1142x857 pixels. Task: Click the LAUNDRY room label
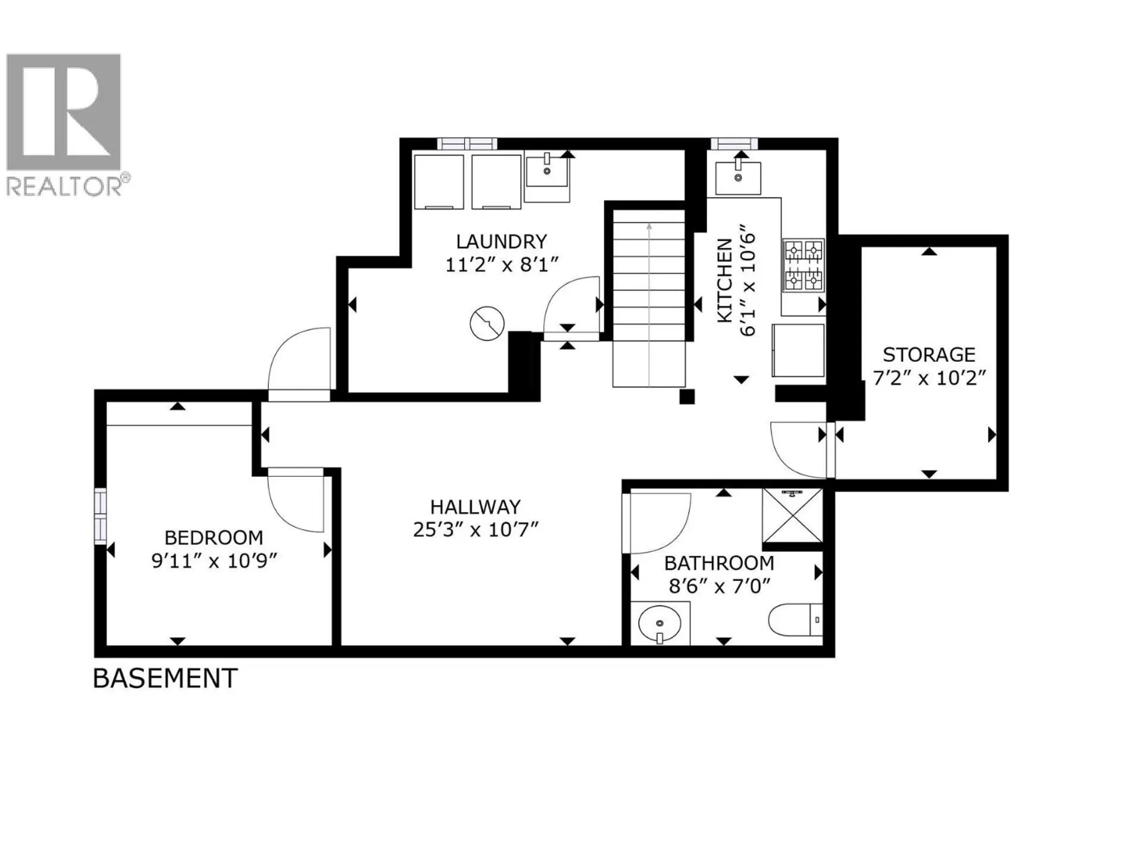pyautogui.click(x=501, y=242)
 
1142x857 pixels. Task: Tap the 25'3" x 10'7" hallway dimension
pyautogui.click(x=475, y=529)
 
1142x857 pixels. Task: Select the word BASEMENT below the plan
pyautogui.click(x=165, y=678)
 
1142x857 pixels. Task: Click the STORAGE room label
pyautogui.click(x=928, y=355)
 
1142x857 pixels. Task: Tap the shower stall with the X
pyautogui.click(x=792, y=515)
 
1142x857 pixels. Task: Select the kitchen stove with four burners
pyautogui.click(x=803, y=265)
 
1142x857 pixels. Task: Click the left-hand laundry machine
pyautogui.click(x=438, y=182)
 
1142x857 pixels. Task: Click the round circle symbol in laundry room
pyautogui.click(x=487, y=324)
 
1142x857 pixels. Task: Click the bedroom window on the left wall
pyautogui.click(x=101, y=515)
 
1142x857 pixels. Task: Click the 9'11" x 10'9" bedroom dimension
pyautogui.click(x=214, y=561)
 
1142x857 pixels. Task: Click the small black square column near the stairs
pyautogui.click(x=687, y=397)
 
